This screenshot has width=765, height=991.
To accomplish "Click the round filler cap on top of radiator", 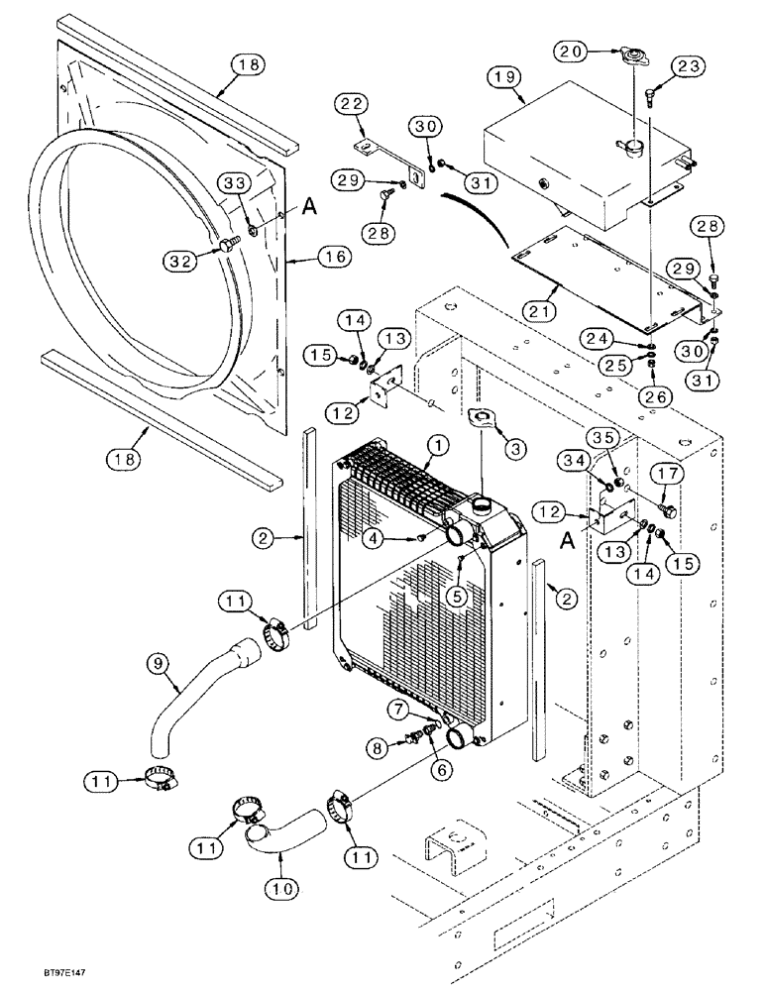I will click(485, 503).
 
